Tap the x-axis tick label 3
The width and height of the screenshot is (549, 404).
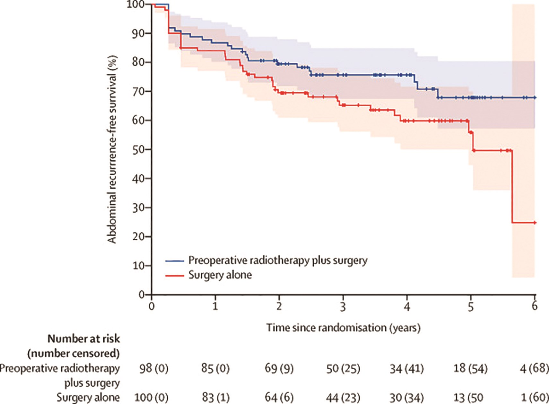point(343,307)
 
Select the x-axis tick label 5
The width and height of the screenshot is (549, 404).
point(470,307)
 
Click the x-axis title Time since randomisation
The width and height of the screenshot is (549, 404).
point(343,328)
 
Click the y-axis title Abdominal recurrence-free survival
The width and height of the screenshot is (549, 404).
point(112,149)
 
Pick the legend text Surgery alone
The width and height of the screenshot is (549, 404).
point(220,275)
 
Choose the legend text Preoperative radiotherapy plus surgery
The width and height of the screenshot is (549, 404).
point(278,260)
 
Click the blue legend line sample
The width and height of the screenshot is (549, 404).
point(175,261)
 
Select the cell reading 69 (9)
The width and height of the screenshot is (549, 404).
point(279,368)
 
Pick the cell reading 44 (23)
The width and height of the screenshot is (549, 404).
point(343,398)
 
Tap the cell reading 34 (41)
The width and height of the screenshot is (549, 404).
point(406,368)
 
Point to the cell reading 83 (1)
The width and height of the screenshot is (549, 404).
point(215,398)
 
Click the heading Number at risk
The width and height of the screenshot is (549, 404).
point(83,339)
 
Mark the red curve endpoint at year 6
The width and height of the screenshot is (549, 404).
point(535,223)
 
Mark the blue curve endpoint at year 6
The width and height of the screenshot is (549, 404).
point(535,97)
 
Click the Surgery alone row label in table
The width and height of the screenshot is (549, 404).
point(88,397)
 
